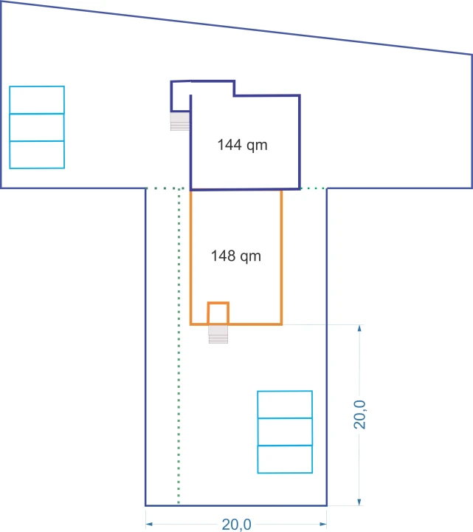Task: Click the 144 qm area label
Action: pyautogui.click(x=242, y=145)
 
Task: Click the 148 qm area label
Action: pyautogui.click(x=236, y=256)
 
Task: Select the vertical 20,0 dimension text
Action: pyautogui.click(x=359, y=415)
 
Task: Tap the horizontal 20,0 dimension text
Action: pyautogui.click(x=236, y=525)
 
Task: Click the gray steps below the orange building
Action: pyautogui.click(x=218, y=334)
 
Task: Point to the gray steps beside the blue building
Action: pyautogui.click(x=180, y=121)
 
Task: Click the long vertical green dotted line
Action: pyautogui.click(x=179, y=346)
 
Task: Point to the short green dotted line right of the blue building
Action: pyautogui.click(x=313, y=188)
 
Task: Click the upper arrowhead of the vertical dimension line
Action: pyautogui.click(x=359, y=328)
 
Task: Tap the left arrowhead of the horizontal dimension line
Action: pyautogui.click(x=149, y=524)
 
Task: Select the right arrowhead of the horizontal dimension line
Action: pyautogui.click(x=323, y=524)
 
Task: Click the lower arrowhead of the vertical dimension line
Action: pyautogui.click(x=359, y=502)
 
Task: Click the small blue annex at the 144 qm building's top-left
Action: pyautogui.click(x=171, y=96)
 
